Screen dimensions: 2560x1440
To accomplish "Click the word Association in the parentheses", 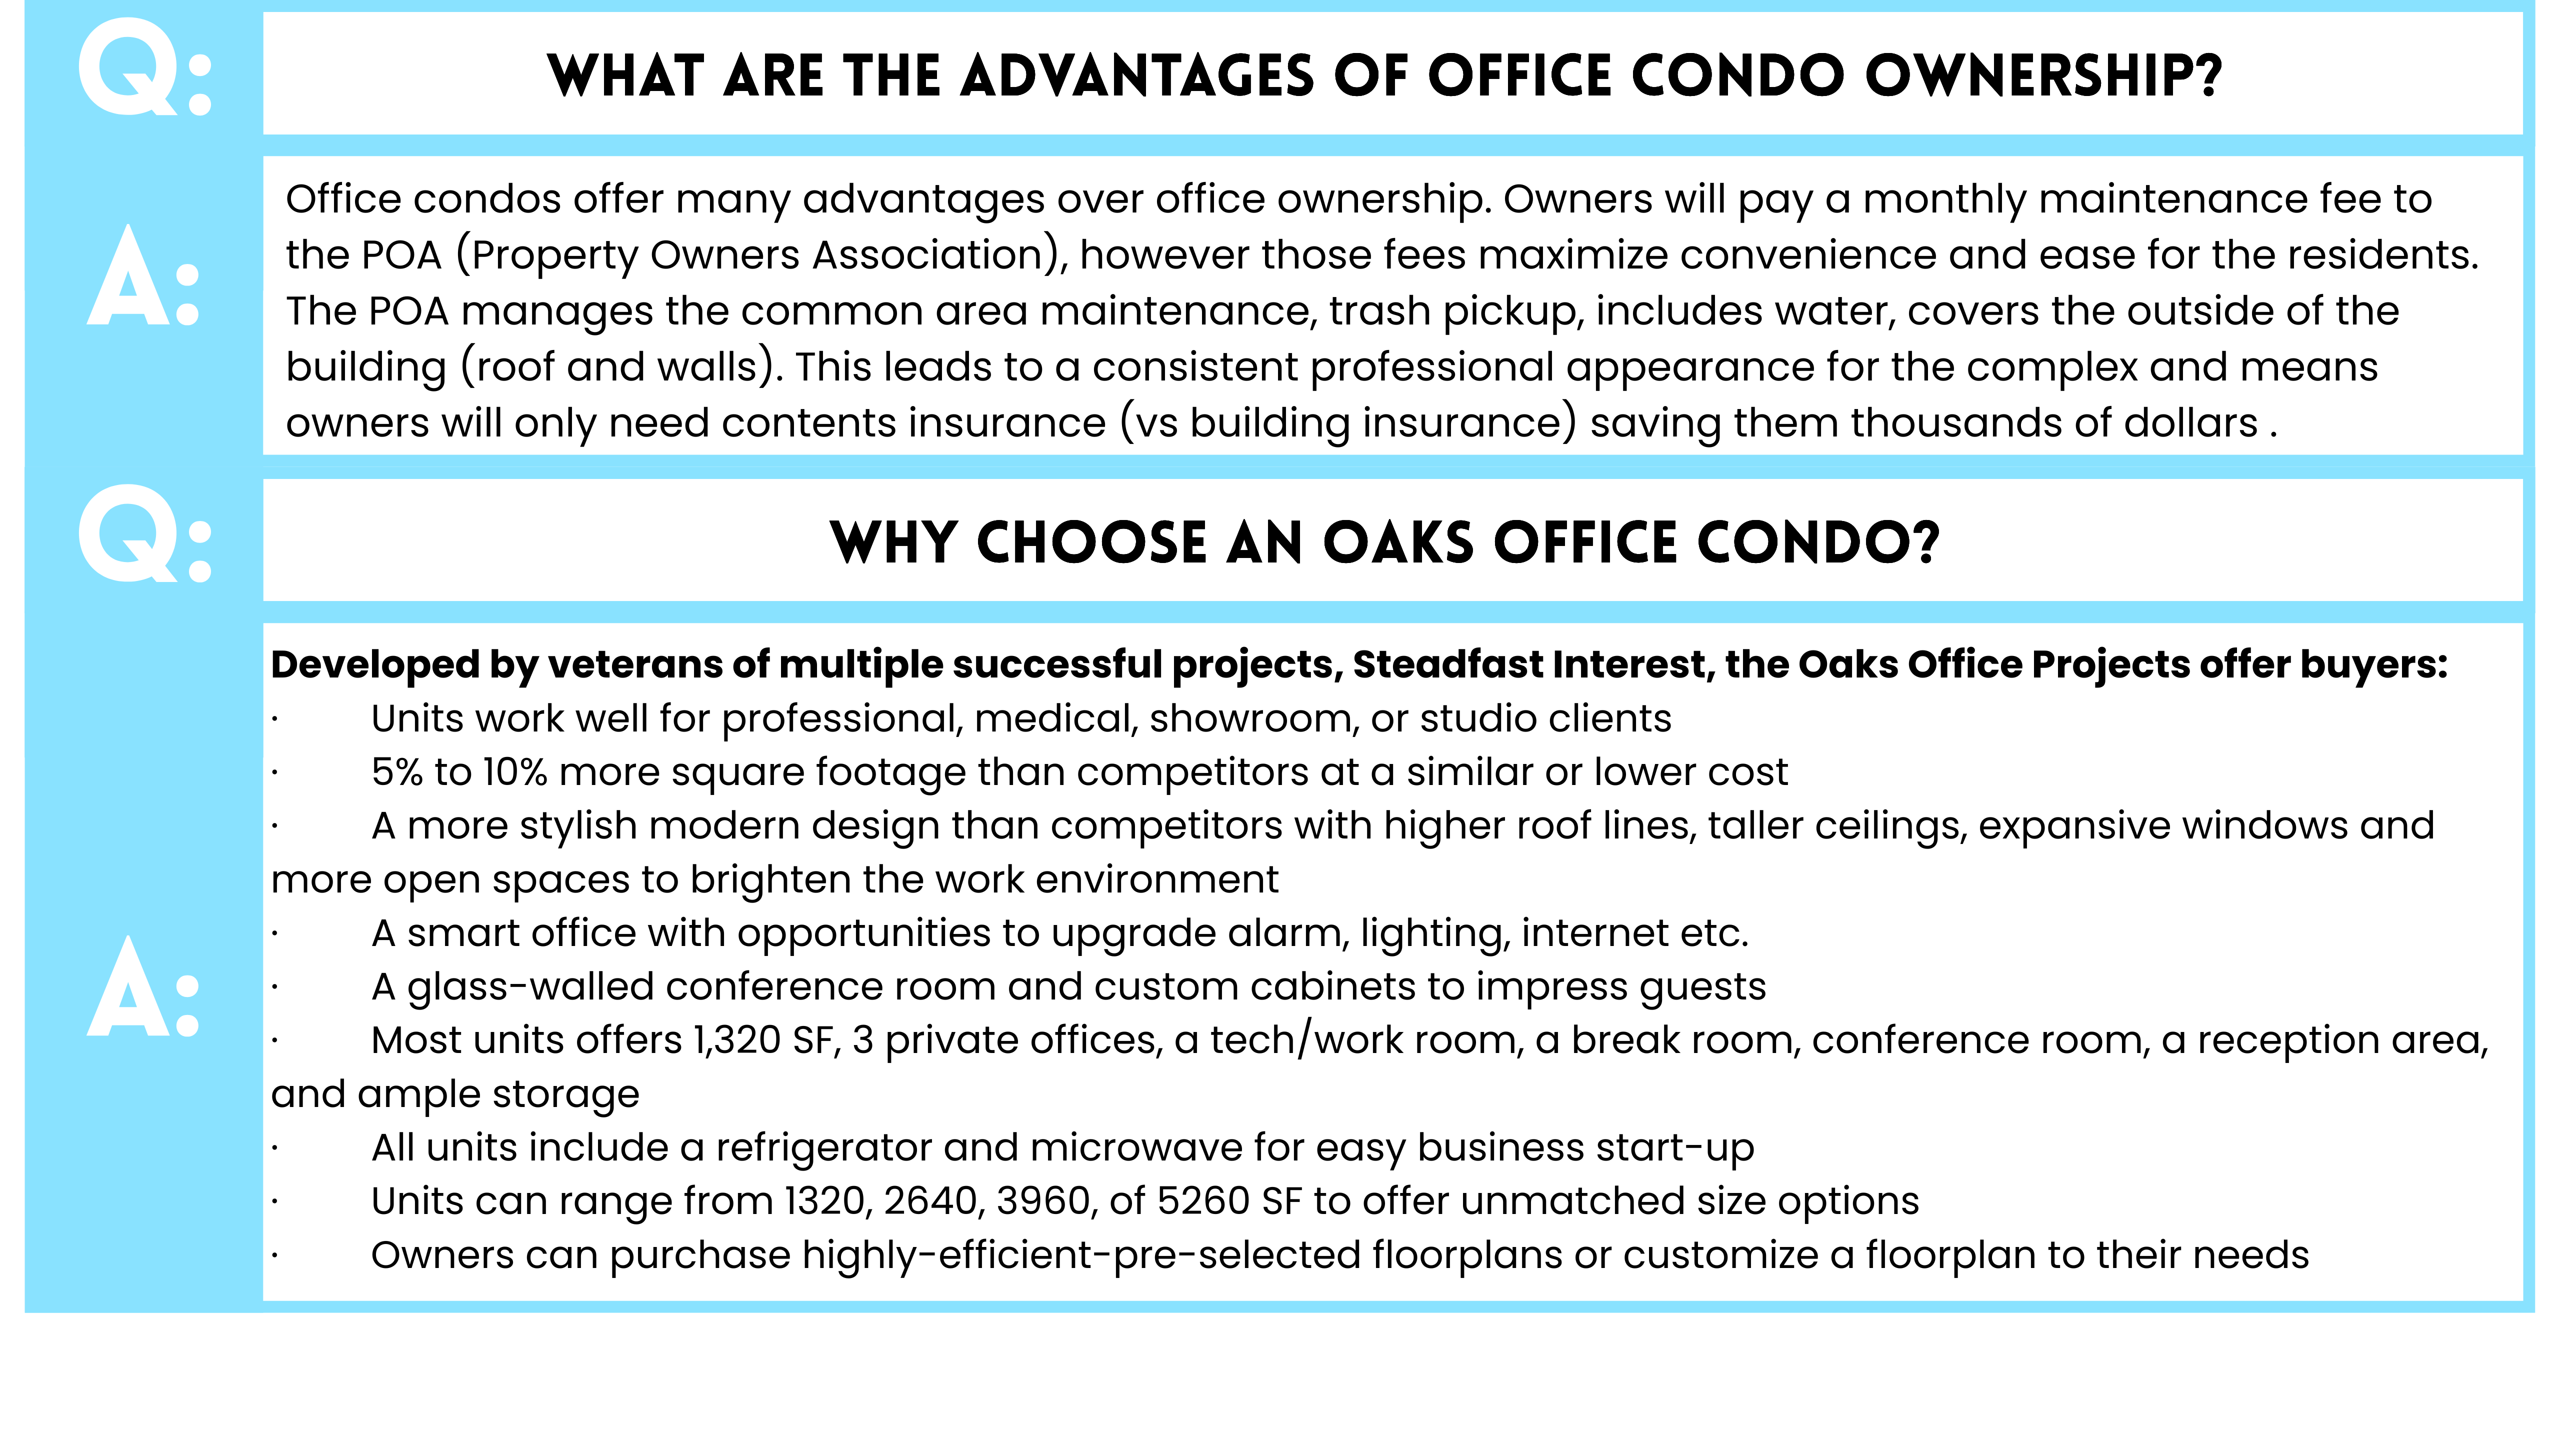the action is [926, 255].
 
